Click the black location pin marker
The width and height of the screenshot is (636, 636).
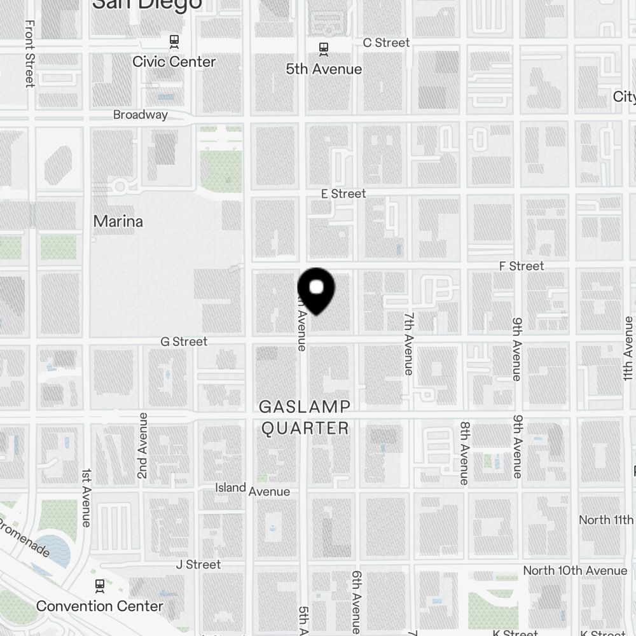(316, 290)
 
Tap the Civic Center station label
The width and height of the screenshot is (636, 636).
(174, 62)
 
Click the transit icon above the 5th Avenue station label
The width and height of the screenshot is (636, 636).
(324, 48)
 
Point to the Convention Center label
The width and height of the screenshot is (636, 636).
(100, 606)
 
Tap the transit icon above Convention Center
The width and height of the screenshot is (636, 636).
(99, 585)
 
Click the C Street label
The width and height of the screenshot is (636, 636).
(386, 43)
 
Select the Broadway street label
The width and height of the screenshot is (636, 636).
(141, 114)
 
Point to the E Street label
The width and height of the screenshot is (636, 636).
(343, 193)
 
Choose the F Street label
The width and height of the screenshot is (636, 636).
(522, 266)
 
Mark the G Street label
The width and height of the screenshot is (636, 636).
(184, 342)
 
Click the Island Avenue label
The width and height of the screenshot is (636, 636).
(252, 489)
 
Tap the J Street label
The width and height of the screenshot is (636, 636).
(198, 564)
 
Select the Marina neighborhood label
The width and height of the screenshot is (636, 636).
(118, 221)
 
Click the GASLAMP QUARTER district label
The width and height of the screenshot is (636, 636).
(305, 417)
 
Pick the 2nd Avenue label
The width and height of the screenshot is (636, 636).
(142, 445)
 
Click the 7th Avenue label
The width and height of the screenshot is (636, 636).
(409, 343)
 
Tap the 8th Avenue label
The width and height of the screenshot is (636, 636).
(465, 453)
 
